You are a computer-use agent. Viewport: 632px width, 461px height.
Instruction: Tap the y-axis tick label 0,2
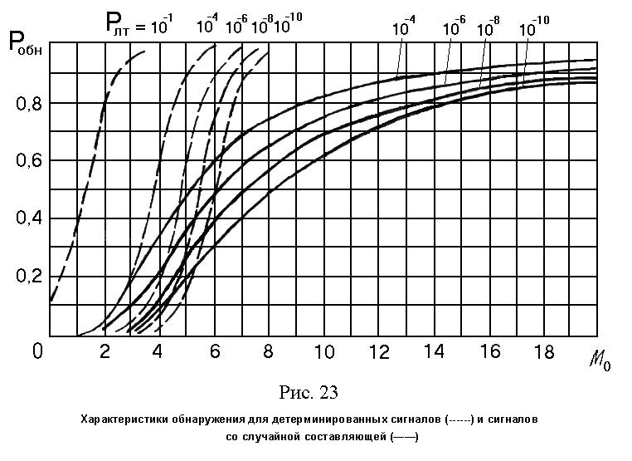(27, 277)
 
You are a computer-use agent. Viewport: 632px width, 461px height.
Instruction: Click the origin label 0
(37, 352)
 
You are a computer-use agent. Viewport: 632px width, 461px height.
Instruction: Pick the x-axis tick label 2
(105, 352)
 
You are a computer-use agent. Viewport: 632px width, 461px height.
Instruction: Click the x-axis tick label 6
(215, 352)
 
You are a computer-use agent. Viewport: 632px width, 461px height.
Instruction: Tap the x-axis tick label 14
(434, 352)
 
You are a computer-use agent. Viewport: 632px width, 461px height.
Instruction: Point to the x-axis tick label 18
(544, 352)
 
